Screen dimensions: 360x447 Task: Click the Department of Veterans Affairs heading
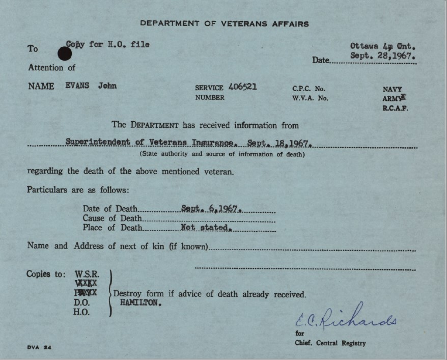point(224,23)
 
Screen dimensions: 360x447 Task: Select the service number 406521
point(243,87)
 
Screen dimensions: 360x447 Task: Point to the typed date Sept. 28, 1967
point(383,56)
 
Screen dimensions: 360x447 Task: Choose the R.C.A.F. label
point(395,108)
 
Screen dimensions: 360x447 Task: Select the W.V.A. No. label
point(310,98)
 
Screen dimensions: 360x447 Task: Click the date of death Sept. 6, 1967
point(211,208)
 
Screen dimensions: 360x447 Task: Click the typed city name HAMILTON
point(141,302)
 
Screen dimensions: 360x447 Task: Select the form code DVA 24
point(39,347)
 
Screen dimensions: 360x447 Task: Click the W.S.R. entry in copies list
point(87,274)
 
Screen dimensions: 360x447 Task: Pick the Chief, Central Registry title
point(330,343)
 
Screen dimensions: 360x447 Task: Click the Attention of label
point(51,68)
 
